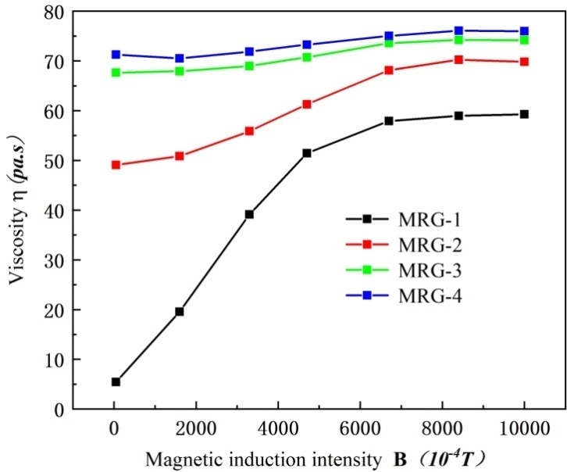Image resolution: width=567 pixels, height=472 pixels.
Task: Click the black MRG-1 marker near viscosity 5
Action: pos(116,382)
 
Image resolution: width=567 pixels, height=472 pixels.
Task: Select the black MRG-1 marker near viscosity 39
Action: pos(249,214)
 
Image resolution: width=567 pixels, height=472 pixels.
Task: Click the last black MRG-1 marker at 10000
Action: pos(524,114)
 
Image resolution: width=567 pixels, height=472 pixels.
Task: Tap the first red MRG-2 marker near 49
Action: pos(116,165)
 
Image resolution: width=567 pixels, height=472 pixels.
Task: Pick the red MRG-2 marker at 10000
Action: pos(524,62)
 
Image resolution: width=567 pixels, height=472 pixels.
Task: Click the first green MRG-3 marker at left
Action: pos(116,73)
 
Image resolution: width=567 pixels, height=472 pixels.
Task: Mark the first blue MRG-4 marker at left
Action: pos(116,55)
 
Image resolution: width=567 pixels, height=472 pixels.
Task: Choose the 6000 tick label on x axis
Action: pos(359,428)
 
